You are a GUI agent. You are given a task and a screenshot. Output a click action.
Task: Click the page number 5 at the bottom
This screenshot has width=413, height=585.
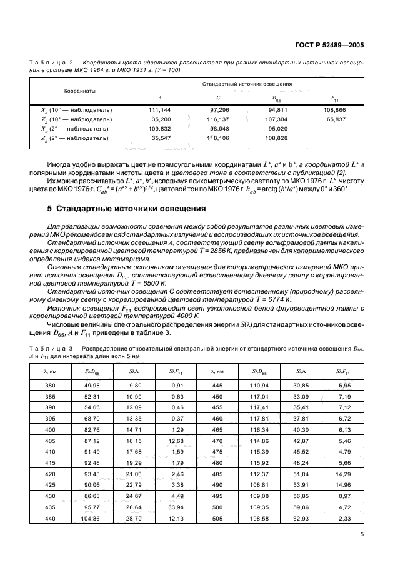[362, 534]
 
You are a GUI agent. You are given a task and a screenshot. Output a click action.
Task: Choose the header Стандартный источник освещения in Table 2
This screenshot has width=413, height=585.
[249, 83]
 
